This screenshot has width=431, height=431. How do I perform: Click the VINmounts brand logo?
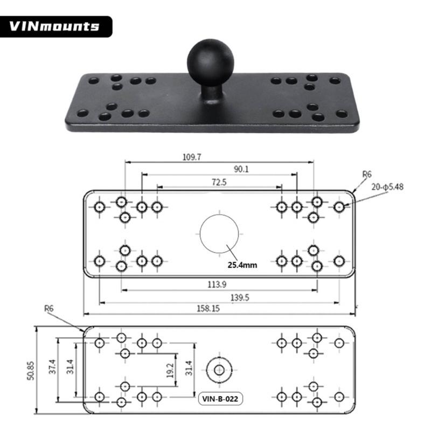tap(54, 26)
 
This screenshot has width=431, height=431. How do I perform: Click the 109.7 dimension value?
tap(192, 157)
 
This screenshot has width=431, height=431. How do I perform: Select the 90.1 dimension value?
tap(241, 169)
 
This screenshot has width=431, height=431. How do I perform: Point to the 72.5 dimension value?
tap(219, 182)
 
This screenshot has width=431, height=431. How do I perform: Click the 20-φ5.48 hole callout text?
tap(387, 187)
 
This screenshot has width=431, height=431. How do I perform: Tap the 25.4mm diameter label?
tap(242, 265)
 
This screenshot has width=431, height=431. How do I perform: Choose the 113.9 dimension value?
tap(217, 284)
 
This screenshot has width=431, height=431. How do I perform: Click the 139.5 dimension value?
tap(240, 297)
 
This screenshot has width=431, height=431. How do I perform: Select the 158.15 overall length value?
tap(208, 308)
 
